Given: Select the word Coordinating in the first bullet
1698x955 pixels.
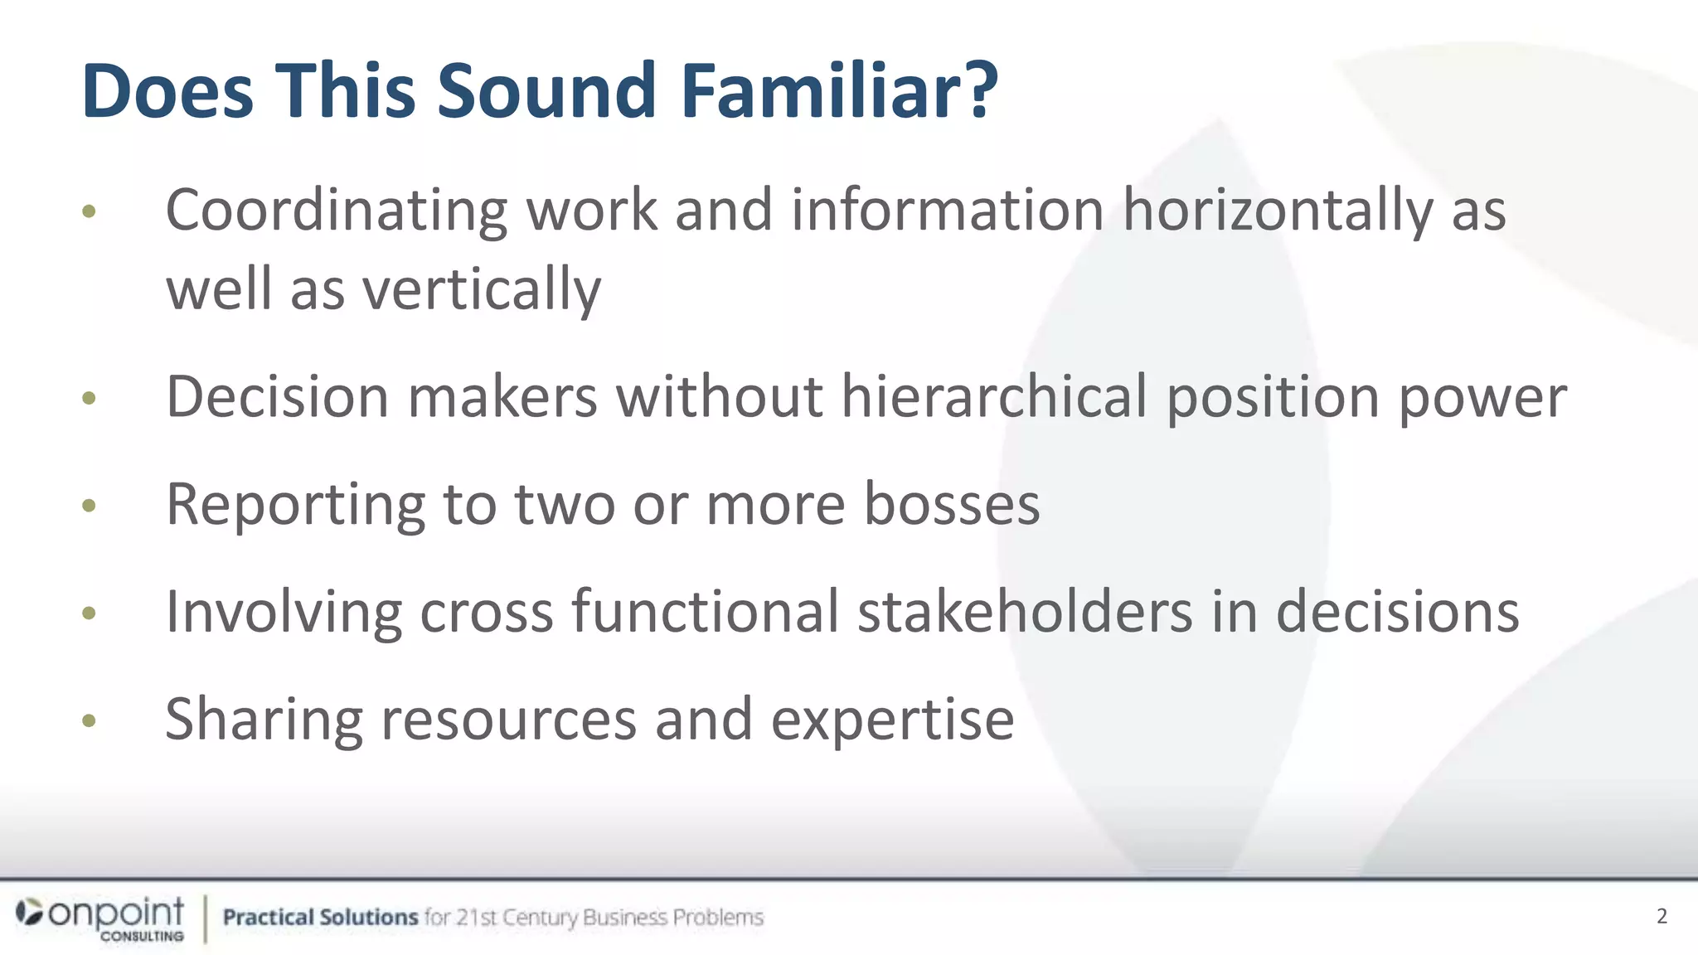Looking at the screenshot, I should (337, 210).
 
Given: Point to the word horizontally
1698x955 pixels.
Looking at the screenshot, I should (1277, 210).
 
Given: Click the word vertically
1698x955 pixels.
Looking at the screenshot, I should (482, 289).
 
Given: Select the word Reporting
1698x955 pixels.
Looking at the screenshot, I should (295, 505).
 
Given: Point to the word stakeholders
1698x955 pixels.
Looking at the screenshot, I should (1024, 611).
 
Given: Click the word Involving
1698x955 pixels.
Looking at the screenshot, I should (284, 613).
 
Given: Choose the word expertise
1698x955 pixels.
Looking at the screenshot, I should (892, 720).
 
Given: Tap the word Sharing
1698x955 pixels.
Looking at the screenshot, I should (264, 720).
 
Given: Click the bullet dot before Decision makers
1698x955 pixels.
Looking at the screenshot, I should (90, 399).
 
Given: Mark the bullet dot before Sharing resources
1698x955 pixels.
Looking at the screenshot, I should (90, 720).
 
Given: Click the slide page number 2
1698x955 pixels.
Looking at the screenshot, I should (1662, 916).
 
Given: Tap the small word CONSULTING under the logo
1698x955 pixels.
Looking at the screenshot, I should (142, 936).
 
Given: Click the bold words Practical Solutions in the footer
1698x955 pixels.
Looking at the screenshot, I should (320, 917).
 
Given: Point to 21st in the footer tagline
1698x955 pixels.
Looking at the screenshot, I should (477, 917).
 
